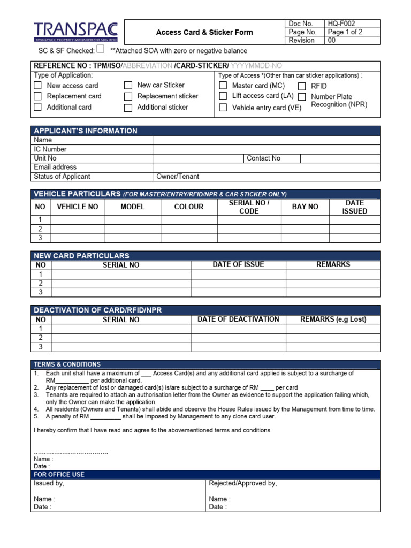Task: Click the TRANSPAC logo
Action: click(x=75, y=32)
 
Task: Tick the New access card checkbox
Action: click(x=37, y=86)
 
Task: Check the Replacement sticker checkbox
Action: click(x=128, y=96)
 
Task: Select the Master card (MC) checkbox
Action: click(x=223, y=86)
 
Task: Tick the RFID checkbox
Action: click(x=302, y=86)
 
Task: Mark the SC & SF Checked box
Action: click(x=101, y=50)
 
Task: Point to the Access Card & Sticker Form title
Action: click(x=204, y=32)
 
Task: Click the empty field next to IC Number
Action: click(x=267, y=149)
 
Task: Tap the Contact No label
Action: click(x=263, y=158)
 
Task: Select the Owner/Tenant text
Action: click(x=178, y=177)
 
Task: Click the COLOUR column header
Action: click(x=189, y=207)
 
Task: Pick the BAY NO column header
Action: click(x=305, y=207)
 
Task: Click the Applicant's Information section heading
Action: click(x=86, y=131)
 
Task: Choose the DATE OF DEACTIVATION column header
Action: click(x=238, y=319)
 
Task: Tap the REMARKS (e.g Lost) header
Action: click(x=333, y=319)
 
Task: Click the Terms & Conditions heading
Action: click(x=67, y=364)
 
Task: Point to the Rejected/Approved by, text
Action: click(x=243, y=483)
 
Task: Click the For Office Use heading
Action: click(x=59, y=474)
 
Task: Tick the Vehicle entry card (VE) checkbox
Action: click(x=223, y=108)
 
